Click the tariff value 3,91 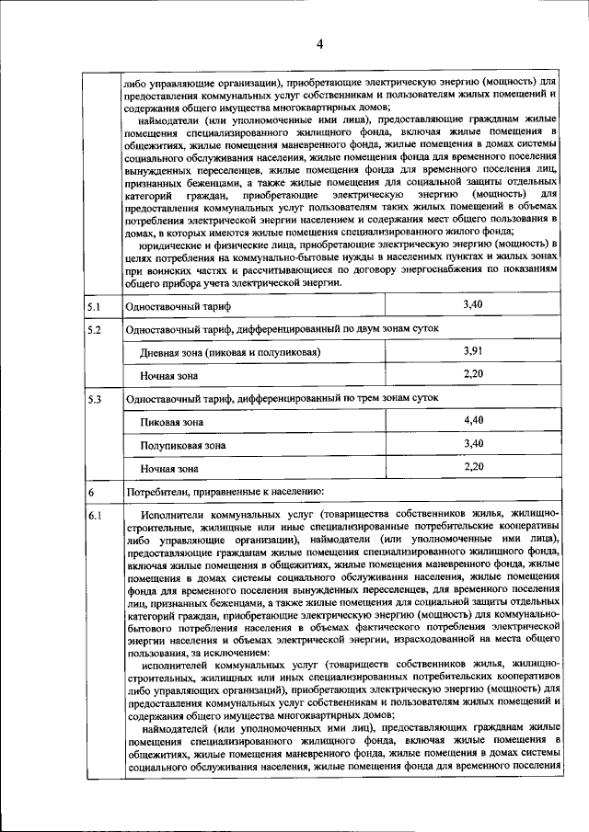click(473, 351)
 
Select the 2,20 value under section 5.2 click(473, 373)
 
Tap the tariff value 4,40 click(473, 421)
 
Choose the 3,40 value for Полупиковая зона click(473, 444)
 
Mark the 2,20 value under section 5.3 click(473, 467)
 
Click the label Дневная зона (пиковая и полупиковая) click(230, 352)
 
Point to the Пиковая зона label click(172, 422)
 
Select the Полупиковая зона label click(183, 445)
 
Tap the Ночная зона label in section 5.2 click(169, 375)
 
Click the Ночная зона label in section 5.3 click(169, 468)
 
